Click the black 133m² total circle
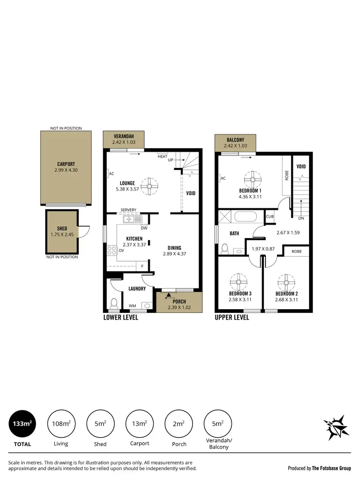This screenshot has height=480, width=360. (x=23, y=424)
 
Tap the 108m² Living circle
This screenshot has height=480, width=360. (x=61, y=424)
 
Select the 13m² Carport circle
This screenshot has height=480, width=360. (x=139, y=424)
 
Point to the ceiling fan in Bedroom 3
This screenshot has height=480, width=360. (x=237, y=280)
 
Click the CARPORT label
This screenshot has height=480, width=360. (x=66, y=164)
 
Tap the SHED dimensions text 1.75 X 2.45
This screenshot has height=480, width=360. (x=61, y=235)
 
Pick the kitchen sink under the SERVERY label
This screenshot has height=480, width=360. (x=132, y=219)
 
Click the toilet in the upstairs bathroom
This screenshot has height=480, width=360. (x=225, y=248)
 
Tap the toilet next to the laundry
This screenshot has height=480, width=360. (x=114, y=303)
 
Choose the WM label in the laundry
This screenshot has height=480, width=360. (x=132, y=306)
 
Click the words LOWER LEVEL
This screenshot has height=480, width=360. (x=121, y=317)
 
